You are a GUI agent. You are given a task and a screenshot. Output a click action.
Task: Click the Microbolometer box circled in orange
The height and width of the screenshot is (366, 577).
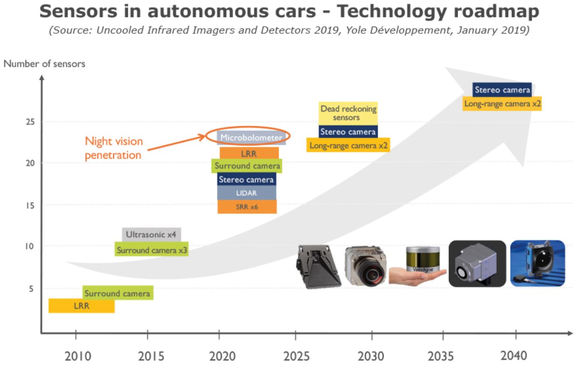251,138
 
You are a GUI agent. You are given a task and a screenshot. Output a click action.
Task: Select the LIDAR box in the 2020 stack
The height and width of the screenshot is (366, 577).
247,193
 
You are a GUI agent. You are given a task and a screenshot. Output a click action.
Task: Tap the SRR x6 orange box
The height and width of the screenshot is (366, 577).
247,207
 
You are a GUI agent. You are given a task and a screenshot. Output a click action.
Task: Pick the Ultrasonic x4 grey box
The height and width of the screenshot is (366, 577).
151,235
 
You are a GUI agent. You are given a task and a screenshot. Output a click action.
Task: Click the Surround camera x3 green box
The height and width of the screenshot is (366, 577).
152,250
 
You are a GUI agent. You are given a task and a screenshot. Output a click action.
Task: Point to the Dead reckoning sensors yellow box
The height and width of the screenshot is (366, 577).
348,113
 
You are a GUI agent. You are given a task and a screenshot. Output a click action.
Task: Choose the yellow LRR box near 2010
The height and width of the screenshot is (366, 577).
81,306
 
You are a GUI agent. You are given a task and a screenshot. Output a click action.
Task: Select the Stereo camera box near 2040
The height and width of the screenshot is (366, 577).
502,90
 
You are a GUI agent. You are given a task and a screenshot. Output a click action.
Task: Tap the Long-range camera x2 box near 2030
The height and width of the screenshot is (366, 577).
348,145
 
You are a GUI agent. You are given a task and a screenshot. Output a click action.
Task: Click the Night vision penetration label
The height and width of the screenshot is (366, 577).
114,148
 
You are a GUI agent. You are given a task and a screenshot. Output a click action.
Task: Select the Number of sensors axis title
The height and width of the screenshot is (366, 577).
44,64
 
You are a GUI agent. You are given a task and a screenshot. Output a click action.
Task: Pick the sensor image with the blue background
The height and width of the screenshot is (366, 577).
538,263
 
